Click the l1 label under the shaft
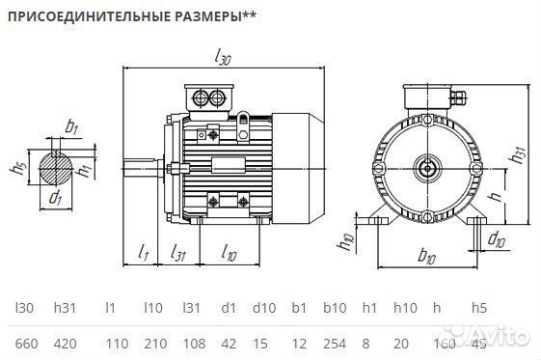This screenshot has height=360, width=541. [143, 253]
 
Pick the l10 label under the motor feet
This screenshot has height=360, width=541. [229, 253]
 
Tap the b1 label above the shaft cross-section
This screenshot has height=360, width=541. [71, 125]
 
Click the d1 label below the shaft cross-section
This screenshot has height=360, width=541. [55, 200]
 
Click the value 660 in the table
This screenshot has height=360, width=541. [26, 343]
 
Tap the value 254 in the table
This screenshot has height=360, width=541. [334, 343]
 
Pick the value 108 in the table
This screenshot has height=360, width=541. [194, 343]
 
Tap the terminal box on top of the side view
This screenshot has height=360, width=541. [209, 97]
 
